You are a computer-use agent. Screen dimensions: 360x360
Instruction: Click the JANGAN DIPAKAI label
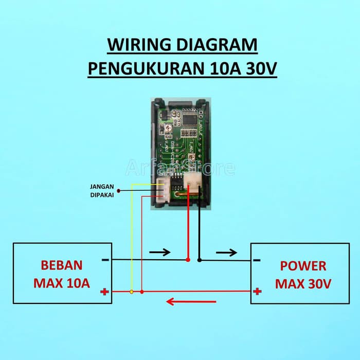(101, 191)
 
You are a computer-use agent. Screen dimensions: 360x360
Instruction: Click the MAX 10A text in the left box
(61, 283)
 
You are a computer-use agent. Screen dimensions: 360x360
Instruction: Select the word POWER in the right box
(303, 266)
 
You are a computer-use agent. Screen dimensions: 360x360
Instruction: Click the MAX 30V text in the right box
(303, 283)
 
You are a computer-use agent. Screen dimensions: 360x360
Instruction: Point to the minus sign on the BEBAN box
(105, 260)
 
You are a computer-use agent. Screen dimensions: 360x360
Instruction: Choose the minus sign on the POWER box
(257, 260)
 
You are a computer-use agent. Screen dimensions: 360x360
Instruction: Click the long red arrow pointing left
(185, 301)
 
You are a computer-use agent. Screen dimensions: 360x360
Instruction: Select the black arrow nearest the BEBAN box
(159, 253)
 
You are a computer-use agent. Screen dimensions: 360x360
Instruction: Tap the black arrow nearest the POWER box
(227, 253)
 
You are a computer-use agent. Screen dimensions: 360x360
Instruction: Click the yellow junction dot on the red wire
(132, 292)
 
